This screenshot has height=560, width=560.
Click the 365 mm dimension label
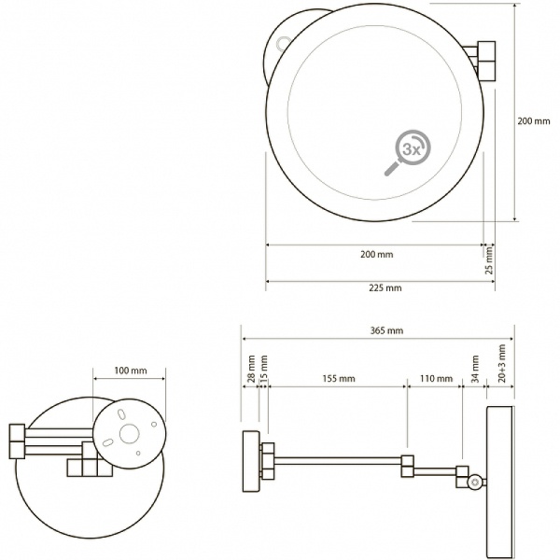click(386, 330)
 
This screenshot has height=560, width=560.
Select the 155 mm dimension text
click(339, 378)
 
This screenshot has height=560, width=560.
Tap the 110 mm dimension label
click(436, 378)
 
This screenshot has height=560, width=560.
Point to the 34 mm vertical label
click(475, 369)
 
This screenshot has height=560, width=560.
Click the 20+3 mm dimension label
click(502, 364)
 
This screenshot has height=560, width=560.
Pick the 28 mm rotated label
click(251, 369)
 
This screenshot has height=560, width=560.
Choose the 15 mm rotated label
click(263, 369)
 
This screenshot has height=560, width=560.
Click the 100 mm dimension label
click(131, 371)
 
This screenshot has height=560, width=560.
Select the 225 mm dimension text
click(385, 287)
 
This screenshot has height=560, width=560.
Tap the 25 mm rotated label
click(489, 260)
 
